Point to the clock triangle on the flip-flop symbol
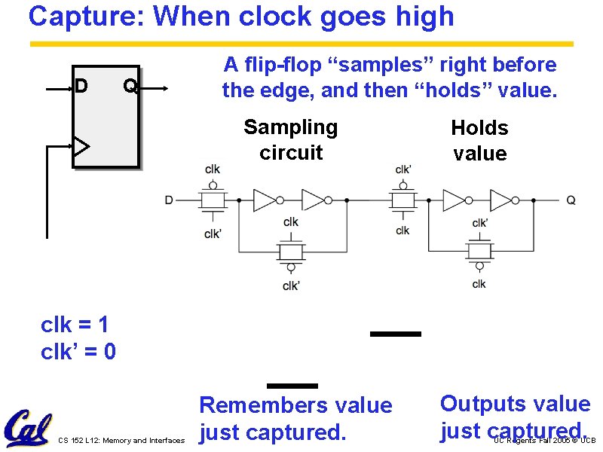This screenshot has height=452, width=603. point(81,145)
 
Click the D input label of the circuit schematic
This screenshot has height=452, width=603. point(169,200)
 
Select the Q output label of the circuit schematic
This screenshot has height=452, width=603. point(571,200)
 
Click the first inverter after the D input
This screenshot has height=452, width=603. point(266,200)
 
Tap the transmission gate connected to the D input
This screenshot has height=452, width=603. point(213,200)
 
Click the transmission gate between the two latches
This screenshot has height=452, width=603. point(403,200)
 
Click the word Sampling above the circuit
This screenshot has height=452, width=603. point(290,127)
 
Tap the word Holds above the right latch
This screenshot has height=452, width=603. point(479,128)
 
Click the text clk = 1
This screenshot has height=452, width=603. point(75,325)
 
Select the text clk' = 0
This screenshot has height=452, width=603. point(78,351)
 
